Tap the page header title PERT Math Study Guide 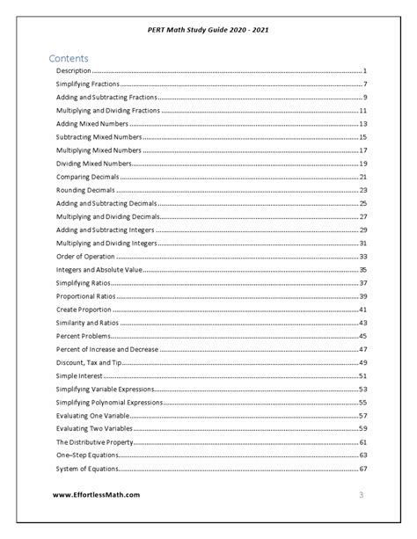pos(208,28)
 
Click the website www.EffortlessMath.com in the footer pos(96,494)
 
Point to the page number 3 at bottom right pos(361,495)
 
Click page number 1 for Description pos(364,70)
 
